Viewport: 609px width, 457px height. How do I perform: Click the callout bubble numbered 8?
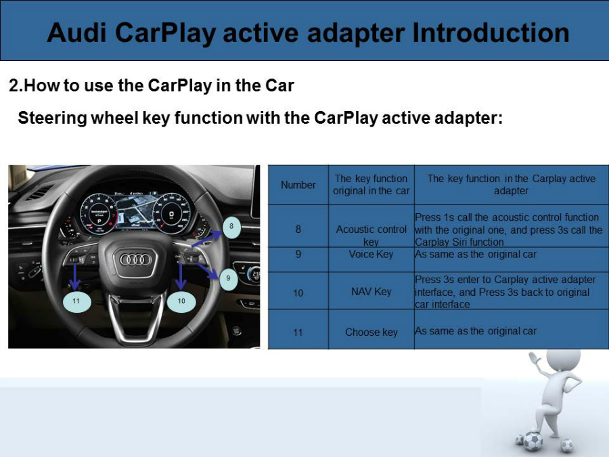[231, 227]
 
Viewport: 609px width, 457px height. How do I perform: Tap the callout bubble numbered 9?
[229, 279]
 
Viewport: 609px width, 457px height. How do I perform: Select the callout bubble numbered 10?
[181, 301]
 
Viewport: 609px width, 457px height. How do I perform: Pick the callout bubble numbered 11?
[76, 301]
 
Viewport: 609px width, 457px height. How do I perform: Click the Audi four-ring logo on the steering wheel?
[135, 259]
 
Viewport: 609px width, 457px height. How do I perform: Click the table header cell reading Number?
[298, 185]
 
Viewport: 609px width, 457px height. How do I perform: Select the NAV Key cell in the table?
[371, 291]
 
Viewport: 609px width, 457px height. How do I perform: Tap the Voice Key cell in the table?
[371, 255]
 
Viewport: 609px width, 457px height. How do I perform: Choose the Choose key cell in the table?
[371, 332]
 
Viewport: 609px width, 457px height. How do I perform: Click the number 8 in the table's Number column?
[298, 230]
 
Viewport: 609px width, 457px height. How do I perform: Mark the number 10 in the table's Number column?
[298, 293]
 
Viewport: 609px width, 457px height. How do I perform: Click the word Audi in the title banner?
[76, 32]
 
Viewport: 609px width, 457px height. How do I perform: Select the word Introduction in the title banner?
[491, 32]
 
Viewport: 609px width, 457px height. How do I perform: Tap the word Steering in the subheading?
[52, 118]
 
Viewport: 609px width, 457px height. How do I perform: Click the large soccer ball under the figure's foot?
[533, 441]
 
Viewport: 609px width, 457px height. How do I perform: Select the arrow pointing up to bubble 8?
[207, 238]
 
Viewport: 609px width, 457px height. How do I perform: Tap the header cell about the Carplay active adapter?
[511, 185]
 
